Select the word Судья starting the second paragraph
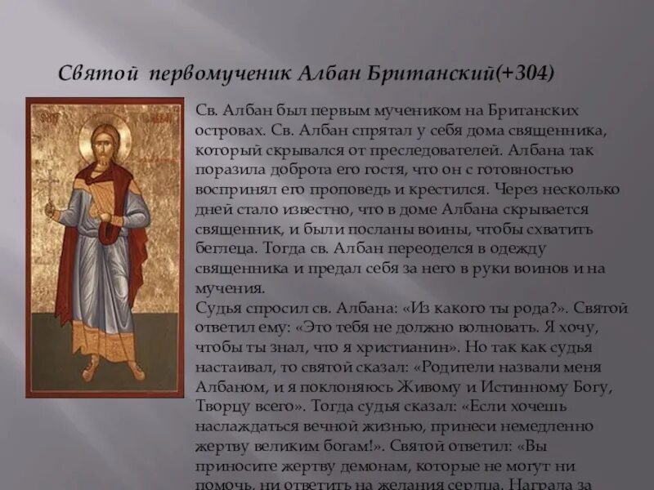tap(218, 307)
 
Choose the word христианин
tap(392, 346)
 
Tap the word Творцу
tap(222, 405)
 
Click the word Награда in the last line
tap(569, 483)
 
